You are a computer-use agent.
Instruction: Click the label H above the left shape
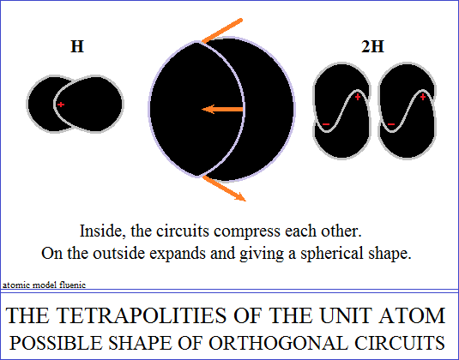pos(77,46)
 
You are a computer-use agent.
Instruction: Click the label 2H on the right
pos(372,46)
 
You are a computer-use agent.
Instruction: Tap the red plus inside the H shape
pos(61,105)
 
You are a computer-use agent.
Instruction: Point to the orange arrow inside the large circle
pos(222,110)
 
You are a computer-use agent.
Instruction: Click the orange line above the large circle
pos(222,31)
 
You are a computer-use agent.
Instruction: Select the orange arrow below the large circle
pos(224,189)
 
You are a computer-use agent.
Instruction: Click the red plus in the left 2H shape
pos(358,97)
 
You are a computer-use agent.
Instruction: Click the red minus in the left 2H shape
pos(326,124)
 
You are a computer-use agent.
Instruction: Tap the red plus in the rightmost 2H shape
pos(423,97)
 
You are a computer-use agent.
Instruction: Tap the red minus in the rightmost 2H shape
pos(391,124)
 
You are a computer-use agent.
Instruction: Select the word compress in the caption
pos(247,232)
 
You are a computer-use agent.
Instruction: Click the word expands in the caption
pos(177,254)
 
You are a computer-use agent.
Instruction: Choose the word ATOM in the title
pos(412,315)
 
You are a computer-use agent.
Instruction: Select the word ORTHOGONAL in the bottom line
pos(278,343)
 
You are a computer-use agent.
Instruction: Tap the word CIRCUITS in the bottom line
pos(400,343)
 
